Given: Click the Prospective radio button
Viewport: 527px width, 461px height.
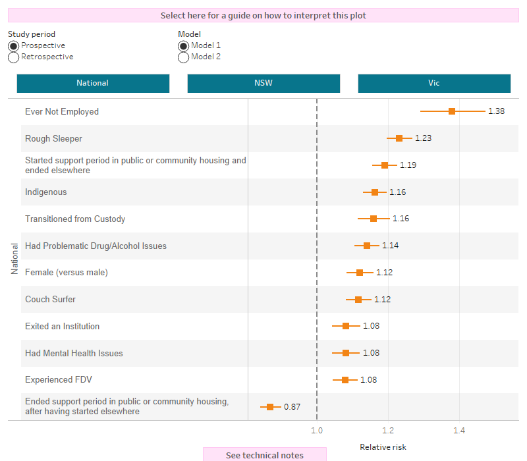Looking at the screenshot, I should click(x=13, y=46).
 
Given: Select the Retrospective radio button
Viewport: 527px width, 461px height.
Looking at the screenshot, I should click(x=13, y=57).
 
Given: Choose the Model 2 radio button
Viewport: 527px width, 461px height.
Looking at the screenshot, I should click(x=183, y=57).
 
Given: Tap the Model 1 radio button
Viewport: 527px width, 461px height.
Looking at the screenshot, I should click(x=183, y=46).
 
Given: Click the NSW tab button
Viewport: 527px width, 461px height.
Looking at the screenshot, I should click(x=263, y=84).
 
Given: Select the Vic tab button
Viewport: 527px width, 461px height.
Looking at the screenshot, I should click(x=434, y=84).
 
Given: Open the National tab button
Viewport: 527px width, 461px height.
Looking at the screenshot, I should click(x=93, y=84).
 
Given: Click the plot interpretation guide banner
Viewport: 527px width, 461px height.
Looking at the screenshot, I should click(x=263, y=15).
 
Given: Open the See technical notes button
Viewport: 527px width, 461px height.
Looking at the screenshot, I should click(x=265, y=455).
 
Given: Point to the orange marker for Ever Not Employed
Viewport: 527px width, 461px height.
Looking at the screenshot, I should click(x=452, y=111).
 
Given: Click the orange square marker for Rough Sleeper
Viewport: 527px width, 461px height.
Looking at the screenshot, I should click(x=399, y=138).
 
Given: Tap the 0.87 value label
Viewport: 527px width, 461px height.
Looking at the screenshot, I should click(x=292, y=407).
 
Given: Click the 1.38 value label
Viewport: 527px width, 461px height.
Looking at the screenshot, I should click(x=496, y=111).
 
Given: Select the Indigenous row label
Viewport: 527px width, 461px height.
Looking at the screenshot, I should click(x=46, y=192).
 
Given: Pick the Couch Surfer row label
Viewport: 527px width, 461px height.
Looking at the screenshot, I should click(x=50, y=300).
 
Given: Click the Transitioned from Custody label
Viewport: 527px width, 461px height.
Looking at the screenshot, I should click(x=75, y=219).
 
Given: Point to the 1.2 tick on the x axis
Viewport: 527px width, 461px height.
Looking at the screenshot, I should click(x=388, y=431).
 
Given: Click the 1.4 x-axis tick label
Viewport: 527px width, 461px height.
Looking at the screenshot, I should click(x=459, y=431).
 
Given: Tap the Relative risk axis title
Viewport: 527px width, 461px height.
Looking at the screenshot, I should click(x=383, y=447).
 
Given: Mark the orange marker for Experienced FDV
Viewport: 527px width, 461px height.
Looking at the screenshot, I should click(x=345, y=380).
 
